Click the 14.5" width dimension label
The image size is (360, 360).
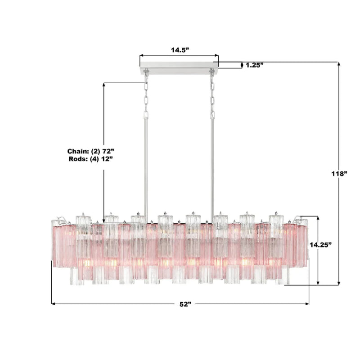[179, 50]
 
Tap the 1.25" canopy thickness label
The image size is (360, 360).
[254, 65]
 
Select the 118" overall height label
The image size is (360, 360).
[338, 173]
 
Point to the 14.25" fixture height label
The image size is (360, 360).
[320, 245]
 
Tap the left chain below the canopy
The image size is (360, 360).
[146, 94]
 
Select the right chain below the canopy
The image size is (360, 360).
[212, 94]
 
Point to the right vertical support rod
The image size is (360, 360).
[212, 162]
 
